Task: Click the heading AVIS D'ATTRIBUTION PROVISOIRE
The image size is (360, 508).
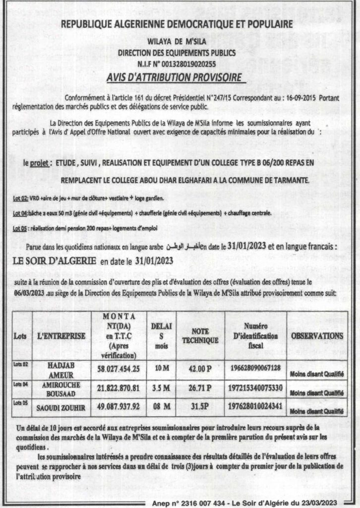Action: [x=175, y=77]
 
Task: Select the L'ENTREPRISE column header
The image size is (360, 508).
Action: [x=61, y=336]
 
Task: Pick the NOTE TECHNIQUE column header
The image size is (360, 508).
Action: [x=200, y=336]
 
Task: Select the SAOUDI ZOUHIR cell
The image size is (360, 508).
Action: [x=61, y=405]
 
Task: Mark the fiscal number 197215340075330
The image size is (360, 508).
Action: [x=256, y=386]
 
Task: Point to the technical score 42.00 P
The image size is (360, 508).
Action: [x=200, y=369]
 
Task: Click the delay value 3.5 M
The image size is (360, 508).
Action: [x=161, y=386]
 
